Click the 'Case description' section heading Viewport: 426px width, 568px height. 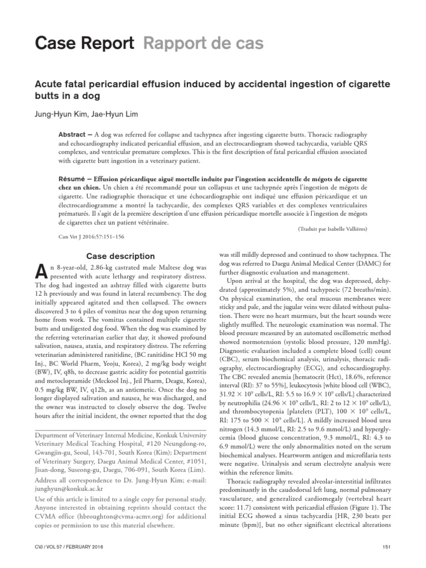click(120, 256)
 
